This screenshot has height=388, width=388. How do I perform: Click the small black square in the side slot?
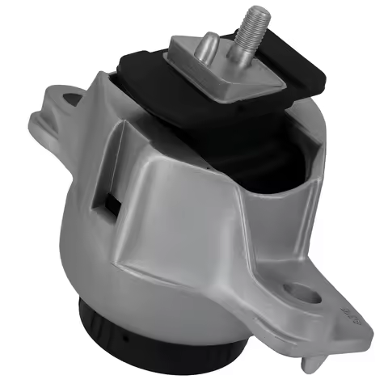tap(110, 200)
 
